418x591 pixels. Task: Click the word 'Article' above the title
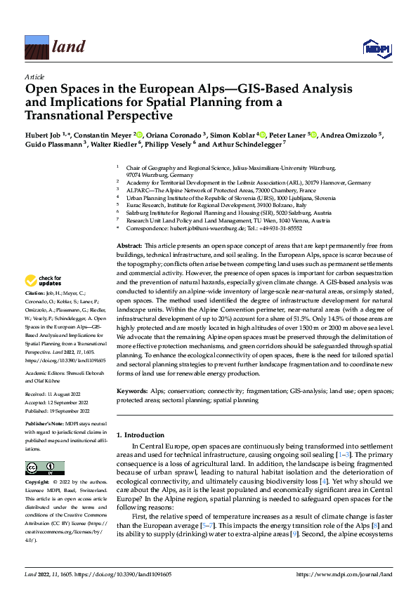34,77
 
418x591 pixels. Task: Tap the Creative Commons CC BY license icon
44,468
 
